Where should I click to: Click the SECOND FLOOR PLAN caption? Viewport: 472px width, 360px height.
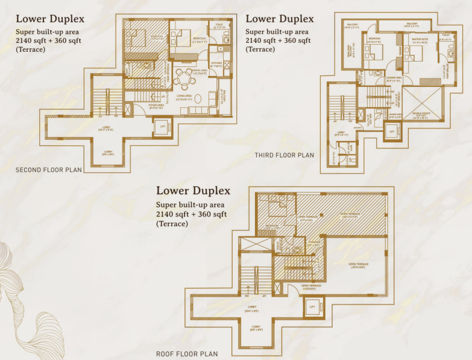coord(49,170)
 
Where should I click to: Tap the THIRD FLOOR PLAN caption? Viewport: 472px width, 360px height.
coord(285,155)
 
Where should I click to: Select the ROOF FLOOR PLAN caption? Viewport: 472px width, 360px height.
coord(187,354)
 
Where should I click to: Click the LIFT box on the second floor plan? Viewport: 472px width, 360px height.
coord(161,128)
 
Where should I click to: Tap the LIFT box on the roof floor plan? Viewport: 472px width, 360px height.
coord(313,307)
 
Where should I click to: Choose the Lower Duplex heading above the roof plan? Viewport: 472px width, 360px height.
coord(193,191)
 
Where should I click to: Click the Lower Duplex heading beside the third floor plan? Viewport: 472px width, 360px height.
coord(280,19)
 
